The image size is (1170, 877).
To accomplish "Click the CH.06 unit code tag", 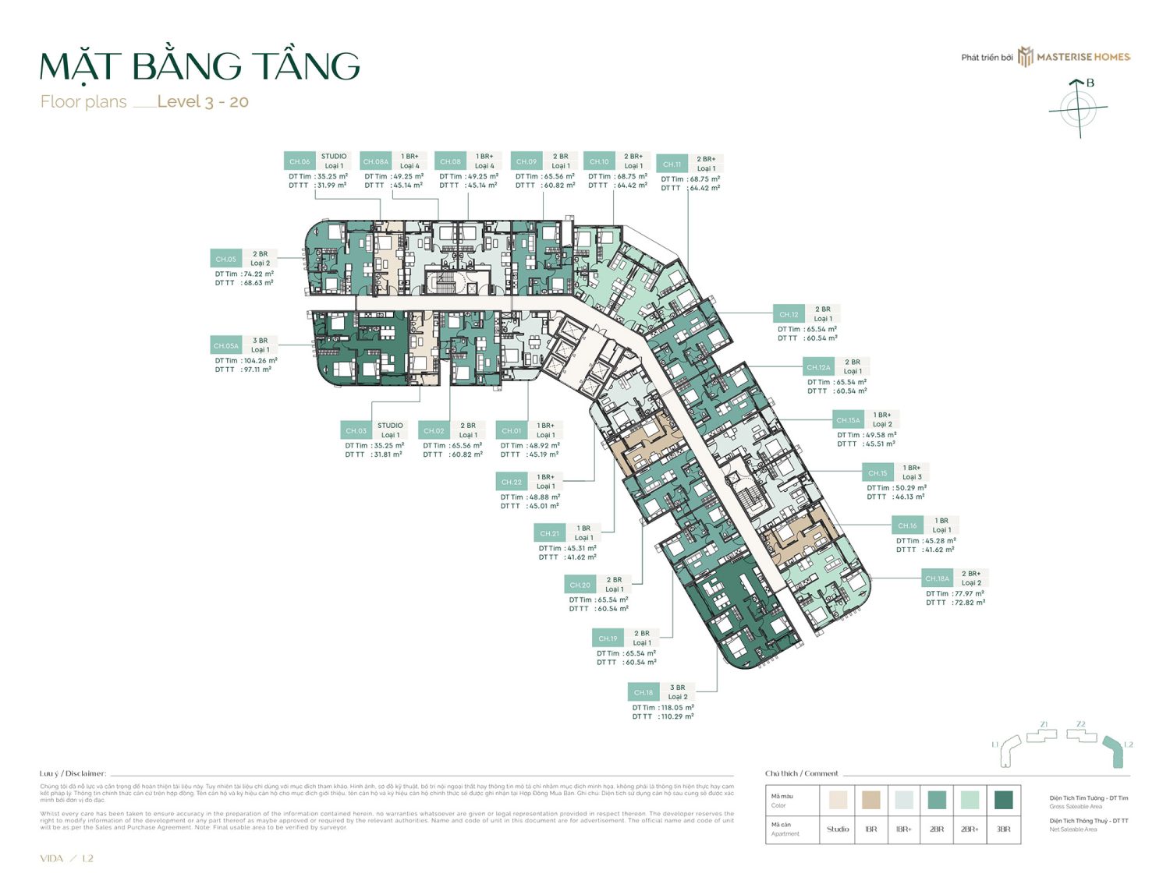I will tap(300, 161).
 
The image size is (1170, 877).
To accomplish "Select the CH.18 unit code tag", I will tap(643, 692).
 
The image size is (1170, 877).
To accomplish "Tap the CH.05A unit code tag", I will tap(226, 345).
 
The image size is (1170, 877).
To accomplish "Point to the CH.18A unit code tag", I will tap(938, 578).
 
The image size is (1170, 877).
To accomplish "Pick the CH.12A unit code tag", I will tap(818, 367).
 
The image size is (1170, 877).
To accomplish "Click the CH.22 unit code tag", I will tap(512, 482).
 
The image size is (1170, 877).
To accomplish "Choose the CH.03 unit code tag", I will tap(356, 430).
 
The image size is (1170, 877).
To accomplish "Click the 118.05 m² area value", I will tap(678, 708).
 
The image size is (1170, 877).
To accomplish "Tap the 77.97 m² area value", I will tap(968, 593).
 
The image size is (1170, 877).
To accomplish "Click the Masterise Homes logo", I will tap(1074, 57).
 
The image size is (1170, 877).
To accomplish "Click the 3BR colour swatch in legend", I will tap(1003, 800).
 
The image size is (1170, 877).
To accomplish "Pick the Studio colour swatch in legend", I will tap(838, 800).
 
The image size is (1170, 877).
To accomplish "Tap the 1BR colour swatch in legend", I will tap(871, 800).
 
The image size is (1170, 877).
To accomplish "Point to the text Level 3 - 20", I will tap(203, 102).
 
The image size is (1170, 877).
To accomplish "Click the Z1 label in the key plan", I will tap(1044, 724).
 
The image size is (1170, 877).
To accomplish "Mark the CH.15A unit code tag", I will tap(848, 420).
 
